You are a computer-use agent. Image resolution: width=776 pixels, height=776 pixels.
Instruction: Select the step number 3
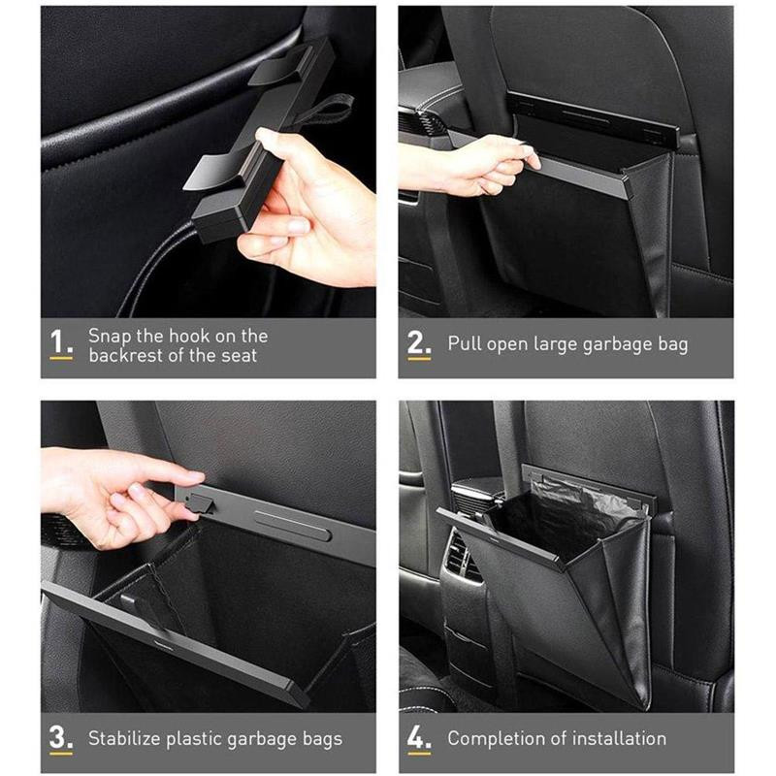(x=60, y=736)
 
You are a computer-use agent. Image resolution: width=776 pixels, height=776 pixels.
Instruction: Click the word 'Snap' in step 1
(x=111, y=336)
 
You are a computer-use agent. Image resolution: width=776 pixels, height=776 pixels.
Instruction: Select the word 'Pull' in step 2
(x=464, y=344)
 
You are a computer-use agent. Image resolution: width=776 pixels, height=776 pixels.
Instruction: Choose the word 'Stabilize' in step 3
(x=128, y=739)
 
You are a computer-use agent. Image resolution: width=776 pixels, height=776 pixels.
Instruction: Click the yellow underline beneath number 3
(x=60, y=753)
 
